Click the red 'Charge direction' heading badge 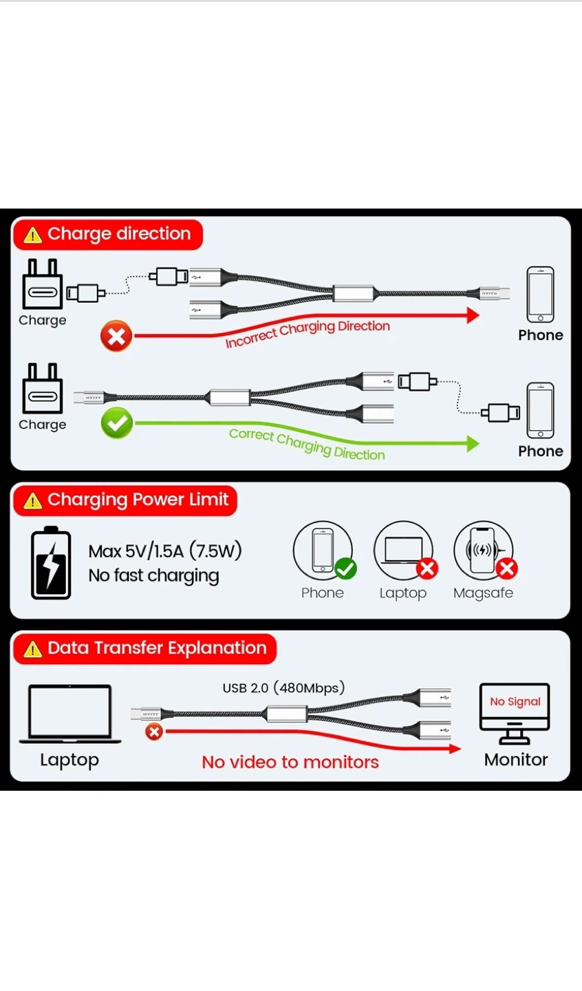click(108, 235)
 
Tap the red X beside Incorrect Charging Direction click(116, 337)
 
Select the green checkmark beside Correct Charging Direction click(117, 423)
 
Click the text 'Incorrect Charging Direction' click(308, 333)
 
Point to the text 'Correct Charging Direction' click(307, 444)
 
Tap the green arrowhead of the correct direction click(473, 444)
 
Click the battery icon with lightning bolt click(51, 562)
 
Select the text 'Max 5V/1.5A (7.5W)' click(165, 551)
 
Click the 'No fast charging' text click(153, 575)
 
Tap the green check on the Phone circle click(345, 568)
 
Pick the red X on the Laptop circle click(427, 568)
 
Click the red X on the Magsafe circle click(507, 568)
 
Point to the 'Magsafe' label click(483, 593)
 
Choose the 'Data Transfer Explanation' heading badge click(145, 648)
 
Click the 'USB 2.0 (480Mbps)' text click(283, 688)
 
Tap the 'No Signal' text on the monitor click(515, 701)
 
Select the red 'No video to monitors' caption click(290, 762)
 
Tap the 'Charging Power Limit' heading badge click(125, 500)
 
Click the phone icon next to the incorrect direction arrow click(540, 295)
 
